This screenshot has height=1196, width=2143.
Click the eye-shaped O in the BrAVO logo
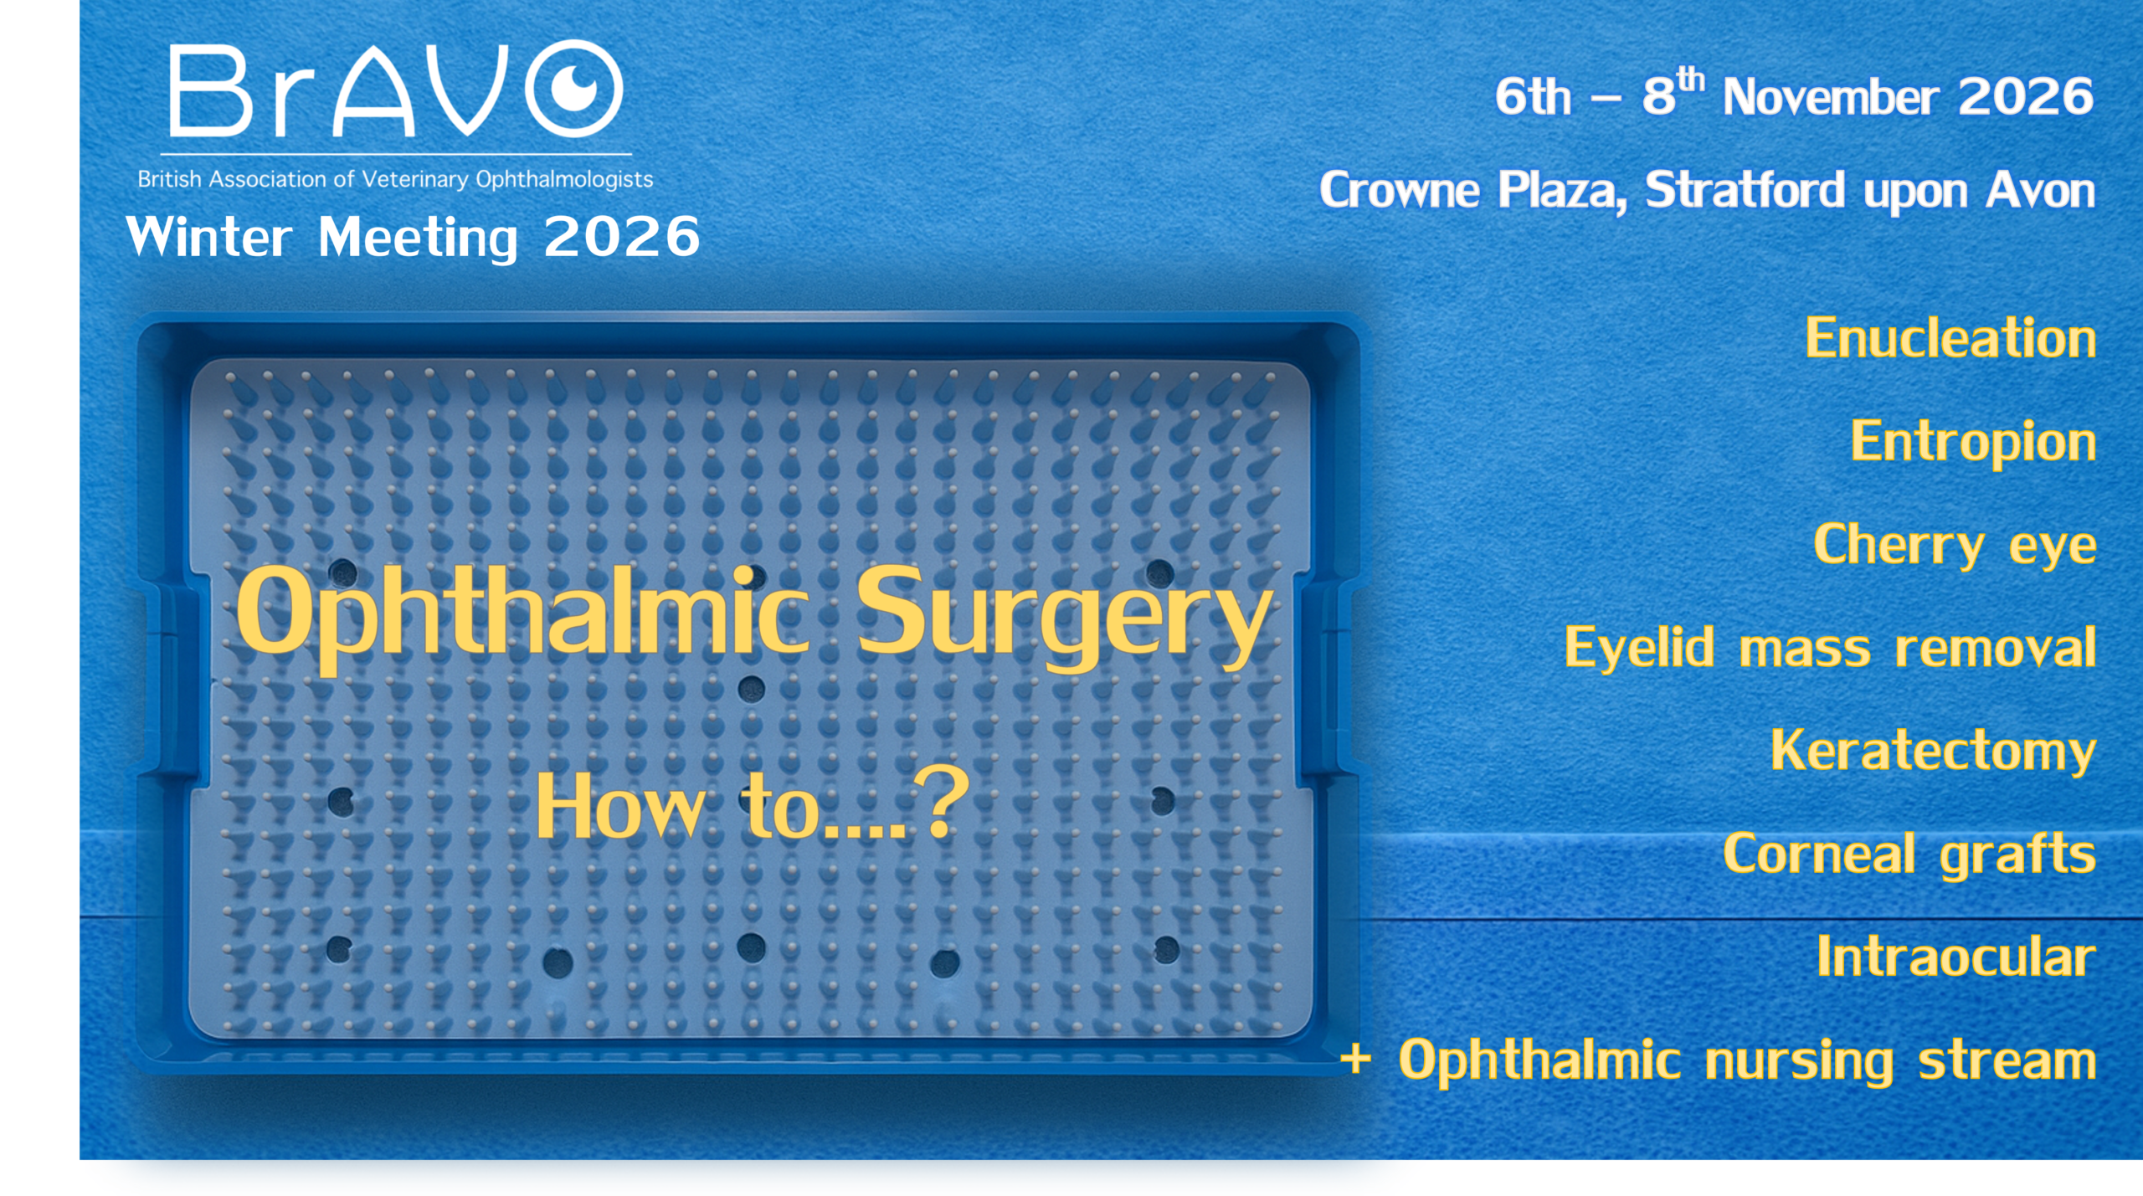tap(574, 88)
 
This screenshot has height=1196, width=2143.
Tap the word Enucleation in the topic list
tap(1950, 338)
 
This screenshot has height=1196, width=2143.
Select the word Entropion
tap(1973, 443)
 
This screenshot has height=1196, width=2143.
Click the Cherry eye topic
tap(1955, 546)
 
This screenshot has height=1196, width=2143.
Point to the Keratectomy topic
tap(1933, 751)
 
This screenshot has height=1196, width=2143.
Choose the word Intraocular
tap(1956, 956)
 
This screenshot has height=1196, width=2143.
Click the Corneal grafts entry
tap(1909, 855)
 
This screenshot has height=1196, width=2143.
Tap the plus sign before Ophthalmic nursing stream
tap(1355, 1060)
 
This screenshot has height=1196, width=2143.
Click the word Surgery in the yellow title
tap(1064, 618)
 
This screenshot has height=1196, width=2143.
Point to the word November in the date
tap(1831, 96)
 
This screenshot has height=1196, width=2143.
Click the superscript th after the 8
tap(1690, 80)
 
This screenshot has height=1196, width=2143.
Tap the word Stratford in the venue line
tap(1745, 190)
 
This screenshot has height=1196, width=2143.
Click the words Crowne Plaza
tap(1473, 191)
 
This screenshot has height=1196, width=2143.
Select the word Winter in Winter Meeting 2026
tap(209, 237)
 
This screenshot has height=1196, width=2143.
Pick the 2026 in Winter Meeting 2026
tap(622, 237)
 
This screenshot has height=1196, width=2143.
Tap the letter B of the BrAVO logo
tap(211, 90)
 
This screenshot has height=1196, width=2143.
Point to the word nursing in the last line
tap(1799, 1061)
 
